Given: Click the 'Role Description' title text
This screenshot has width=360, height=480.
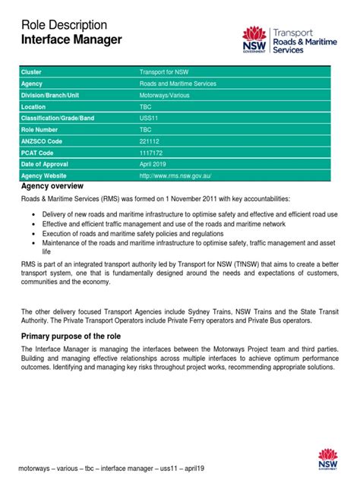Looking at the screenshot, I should coord(64,25).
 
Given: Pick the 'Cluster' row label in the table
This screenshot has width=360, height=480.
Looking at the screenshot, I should coord(33,71).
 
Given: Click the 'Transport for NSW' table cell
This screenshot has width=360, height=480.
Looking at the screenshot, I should coord(163,71).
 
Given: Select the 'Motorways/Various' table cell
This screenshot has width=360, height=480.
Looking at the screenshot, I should coord(164,95).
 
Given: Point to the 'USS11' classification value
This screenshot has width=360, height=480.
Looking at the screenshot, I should coord(150,118).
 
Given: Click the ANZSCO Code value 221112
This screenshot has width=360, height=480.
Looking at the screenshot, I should coord(150,141).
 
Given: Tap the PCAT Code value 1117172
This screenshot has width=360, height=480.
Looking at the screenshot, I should coord(152,153).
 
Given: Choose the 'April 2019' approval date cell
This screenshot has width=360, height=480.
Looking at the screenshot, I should coord(156,164).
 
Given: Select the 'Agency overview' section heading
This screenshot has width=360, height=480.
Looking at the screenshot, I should coord(52,186).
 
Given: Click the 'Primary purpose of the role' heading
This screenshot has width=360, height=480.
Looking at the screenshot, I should coord(72,336).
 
